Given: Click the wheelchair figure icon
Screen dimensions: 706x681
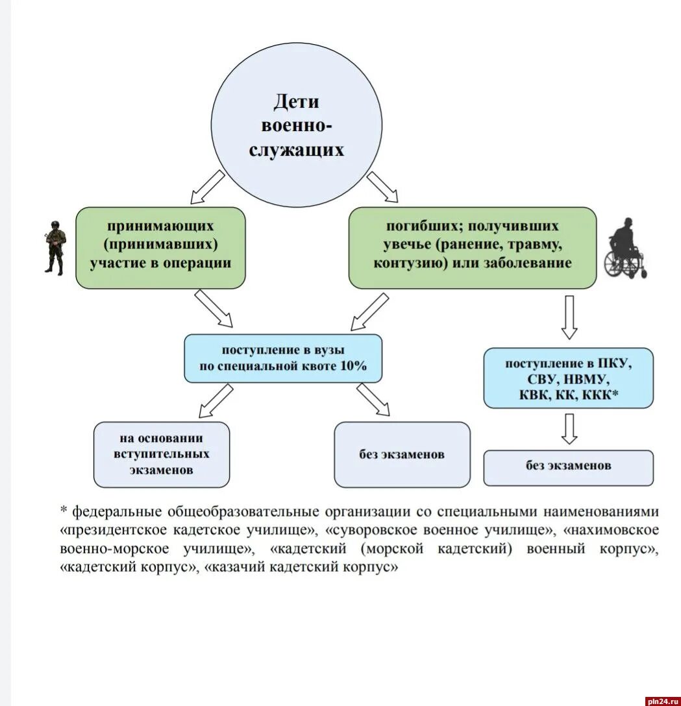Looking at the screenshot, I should pyautogui.click(x=625, y=250).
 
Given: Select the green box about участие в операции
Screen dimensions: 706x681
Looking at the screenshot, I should pyautogui.click(x=160, y=247).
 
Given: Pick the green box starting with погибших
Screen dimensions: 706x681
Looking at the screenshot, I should pyautogui.click(x=472, y=247).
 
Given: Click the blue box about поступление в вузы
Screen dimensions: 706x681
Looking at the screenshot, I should pyautogui.click(x=282, y=358).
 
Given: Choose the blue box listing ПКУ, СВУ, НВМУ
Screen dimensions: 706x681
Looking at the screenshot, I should pyautogui.click(x=568, y=378).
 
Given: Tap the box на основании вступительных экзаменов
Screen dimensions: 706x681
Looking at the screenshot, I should pyautogui.click(x=161, y=454).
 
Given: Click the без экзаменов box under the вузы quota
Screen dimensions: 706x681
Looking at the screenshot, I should pyautogui.click(x=401, y=454).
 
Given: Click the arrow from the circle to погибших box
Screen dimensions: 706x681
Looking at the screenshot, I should pyautogui.click(x=383, y=187).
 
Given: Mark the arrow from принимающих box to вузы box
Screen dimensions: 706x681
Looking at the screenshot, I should pyautogui.click(x=214, y=308).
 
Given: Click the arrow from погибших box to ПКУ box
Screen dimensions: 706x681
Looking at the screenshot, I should pyautogui.click(x=569, y=317).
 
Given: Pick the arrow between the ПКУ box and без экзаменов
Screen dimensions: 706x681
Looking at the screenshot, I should pyautogui.click(x=569, y=428).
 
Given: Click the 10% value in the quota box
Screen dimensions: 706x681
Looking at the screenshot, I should pyautogui.click(x=353, y=366).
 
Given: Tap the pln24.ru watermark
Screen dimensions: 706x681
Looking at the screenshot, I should pyautogui.click(x=662, y=700).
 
